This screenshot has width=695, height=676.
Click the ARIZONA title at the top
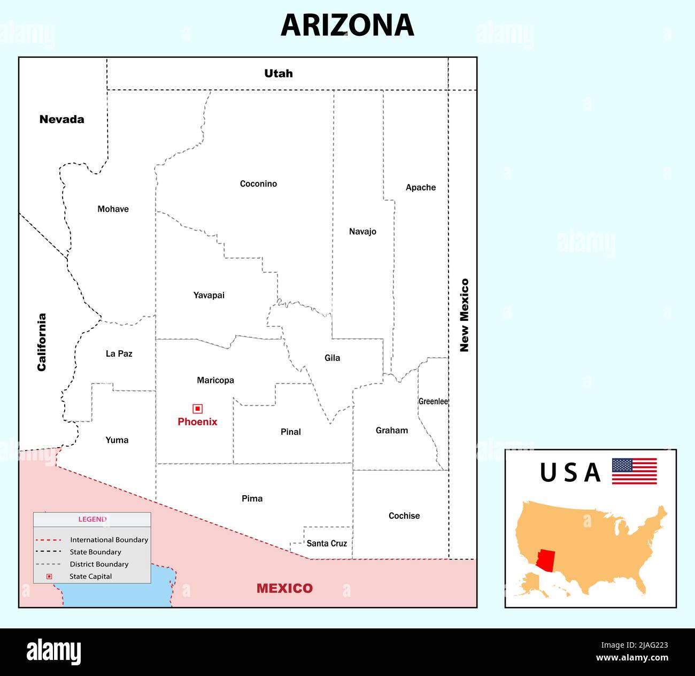347,25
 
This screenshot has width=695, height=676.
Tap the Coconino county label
258,184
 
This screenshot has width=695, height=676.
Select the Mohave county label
113,209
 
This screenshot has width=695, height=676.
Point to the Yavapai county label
208,295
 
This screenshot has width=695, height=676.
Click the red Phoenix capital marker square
198,409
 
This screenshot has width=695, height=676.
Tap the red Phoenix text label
197,422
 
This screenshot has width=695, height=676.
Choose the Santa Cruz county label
327,543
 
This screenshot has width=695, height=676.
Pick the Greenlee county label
433,401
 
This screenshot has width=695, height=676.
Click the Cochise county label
404,516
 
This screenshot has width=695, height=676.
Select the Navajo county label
362,232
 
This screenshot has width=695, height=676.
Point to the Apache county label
420,187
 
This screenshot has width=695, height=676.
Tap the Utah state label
278,74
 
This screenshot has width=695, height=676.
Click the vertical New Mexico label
464,315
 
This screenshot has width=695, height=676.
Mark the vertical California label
42,342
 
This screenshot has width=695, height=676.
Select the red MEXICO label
284,588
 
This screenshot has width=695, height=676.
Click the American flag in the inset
634,471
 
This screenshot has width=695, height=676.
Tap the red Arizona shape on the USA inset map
546,559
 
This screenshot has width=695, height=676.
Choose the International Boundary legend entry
109,540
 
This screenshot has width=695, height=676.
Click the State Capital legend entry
90,577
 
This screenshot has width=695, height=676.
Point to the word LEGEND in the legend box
92,519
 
